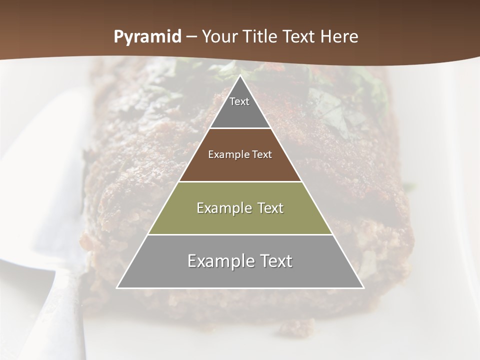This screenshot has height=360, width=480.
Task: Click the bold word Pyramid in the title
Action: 147,37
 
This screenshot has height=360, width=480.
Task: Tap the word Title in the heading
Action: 259,37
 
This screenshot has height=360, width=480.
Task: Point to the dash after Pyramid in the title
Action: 191,37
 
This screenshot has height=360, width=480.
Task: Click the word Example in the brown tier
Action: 225,154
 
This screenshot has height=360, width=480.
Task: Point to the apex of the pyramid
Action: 240,76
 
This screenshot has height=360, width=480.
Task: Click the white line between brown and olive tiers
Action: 240,181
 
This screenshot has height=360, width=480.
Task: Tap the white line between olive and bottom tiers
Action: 240,234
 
